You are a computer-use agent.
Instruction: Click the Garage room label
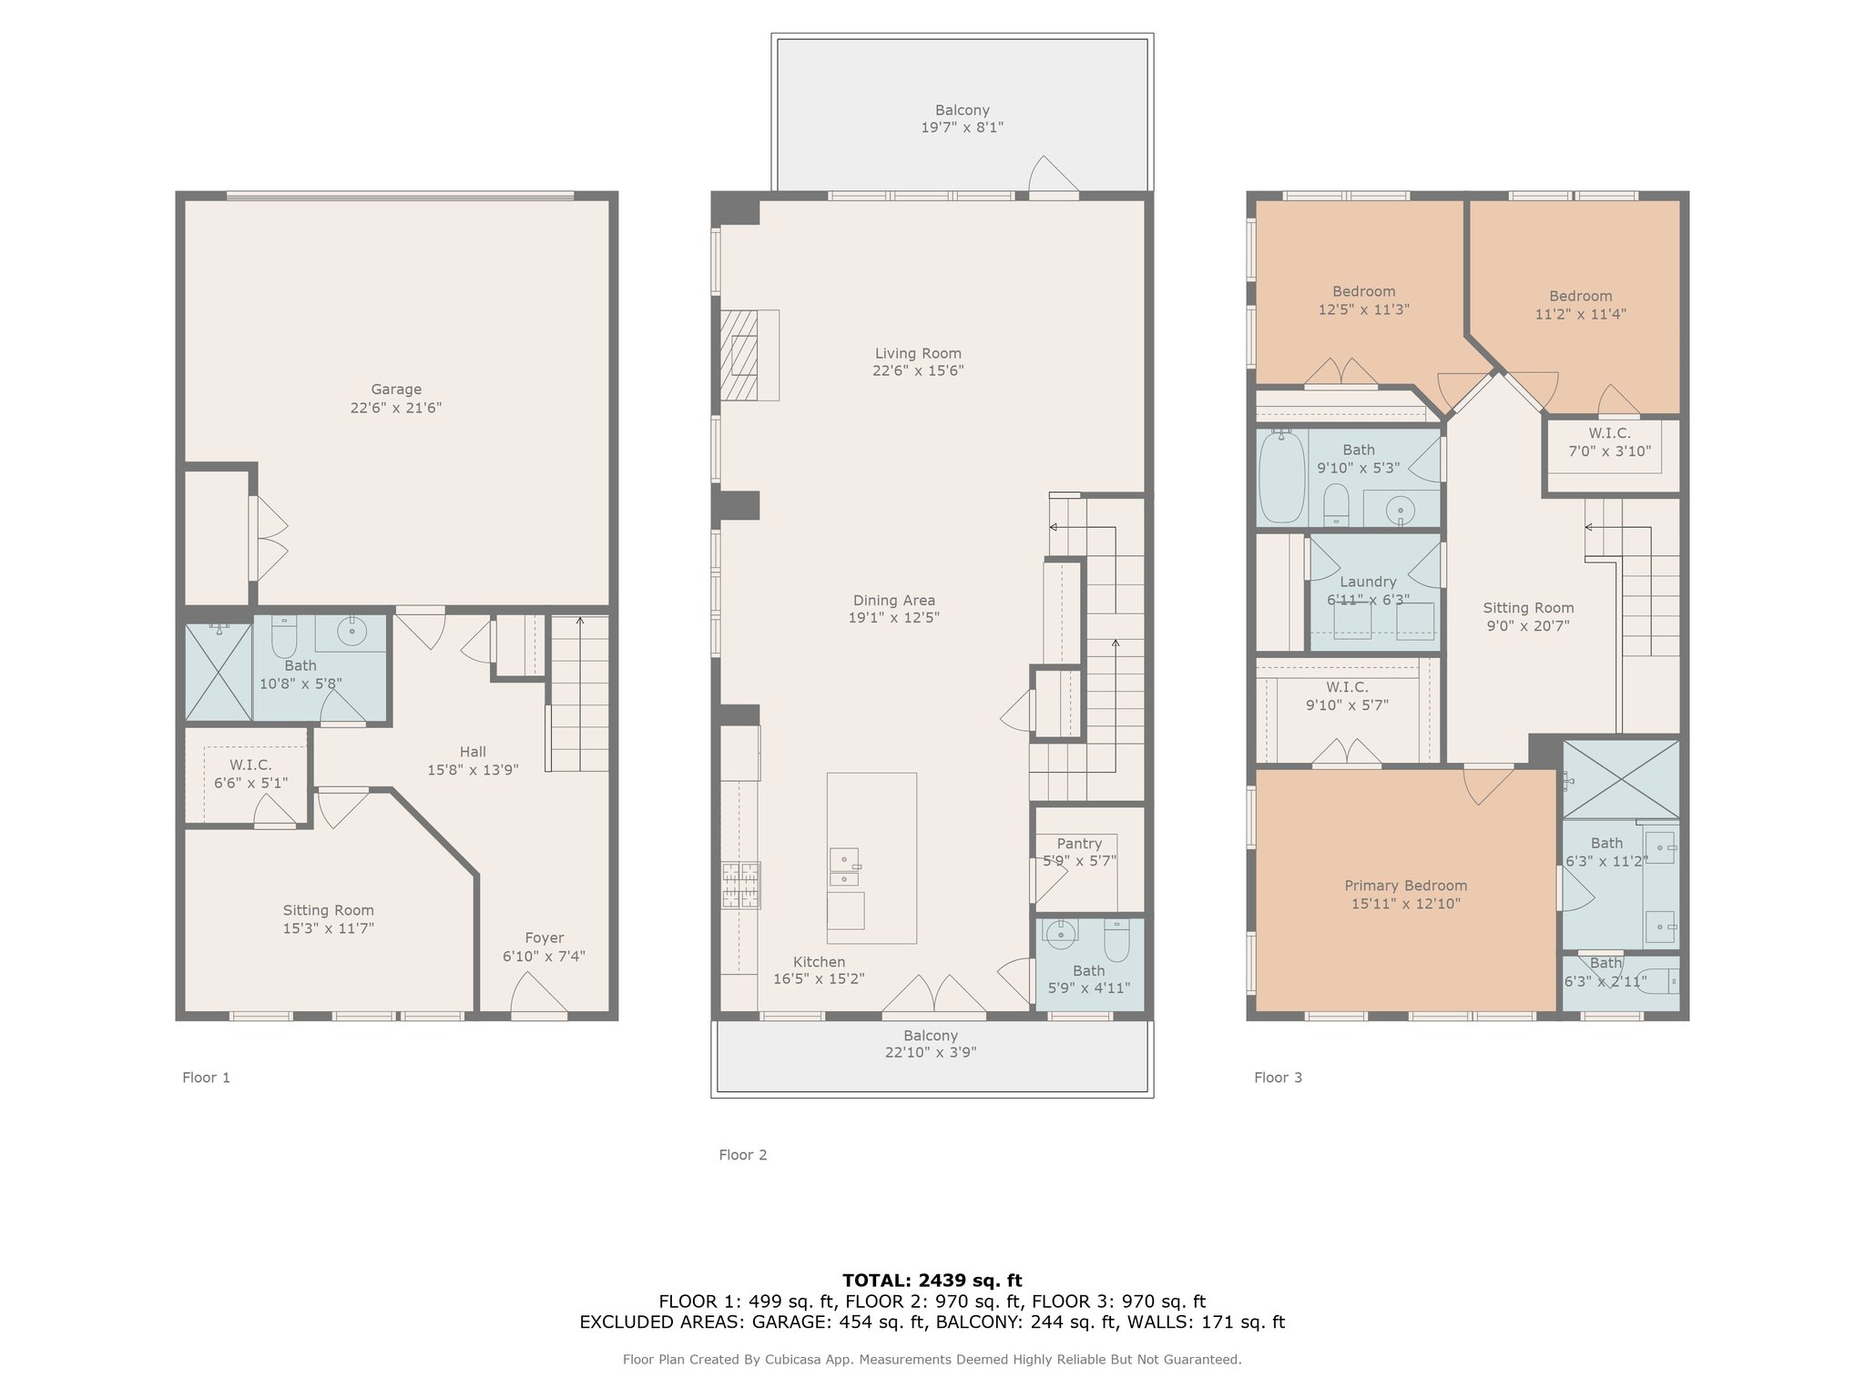pos(396,390)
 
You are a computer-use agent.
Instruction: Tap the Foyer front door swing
pos(539,994)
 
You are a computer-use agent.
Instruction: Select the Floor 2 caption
pos(743,1155)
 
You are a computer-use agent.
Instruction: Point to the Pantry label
pos(1079,844)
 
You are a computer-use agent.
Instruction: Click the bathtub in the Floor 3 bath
pos(1281,476)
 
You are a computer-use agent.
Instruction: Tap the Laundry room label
pos(1368,582)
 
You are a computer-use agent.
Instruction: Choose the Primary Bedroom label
pos(1406,886)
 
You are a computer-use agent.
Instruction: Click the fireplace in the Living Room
pos(749,355)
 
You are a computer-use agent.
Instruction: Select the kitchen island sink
pos(844,868)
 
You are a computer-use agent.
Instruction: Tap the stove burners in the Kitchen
pos(741,886)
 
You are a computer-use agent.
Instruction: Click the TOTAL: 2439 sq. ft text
pos(932,1281)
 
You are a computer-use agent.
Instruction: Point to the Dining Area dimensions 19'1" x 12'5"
pos(894,617)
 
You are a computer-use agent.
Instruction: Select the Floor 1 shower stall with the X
pos(219,672)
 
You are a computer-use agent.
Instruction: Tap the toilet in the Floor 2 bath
pos(1116,939)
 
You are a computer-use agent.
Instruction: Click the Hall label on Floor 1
pos(473,752)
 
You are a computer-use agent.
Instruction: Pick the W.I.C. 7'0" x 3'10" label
pos(1610,441)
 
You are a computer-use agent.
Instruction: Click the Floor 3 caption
pos(1279,1078)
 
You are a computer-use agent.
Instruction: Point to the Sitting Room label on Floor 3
pos(1528,608)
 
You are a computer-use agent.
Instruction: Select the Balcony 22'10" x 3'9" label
pos(931,1044)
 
